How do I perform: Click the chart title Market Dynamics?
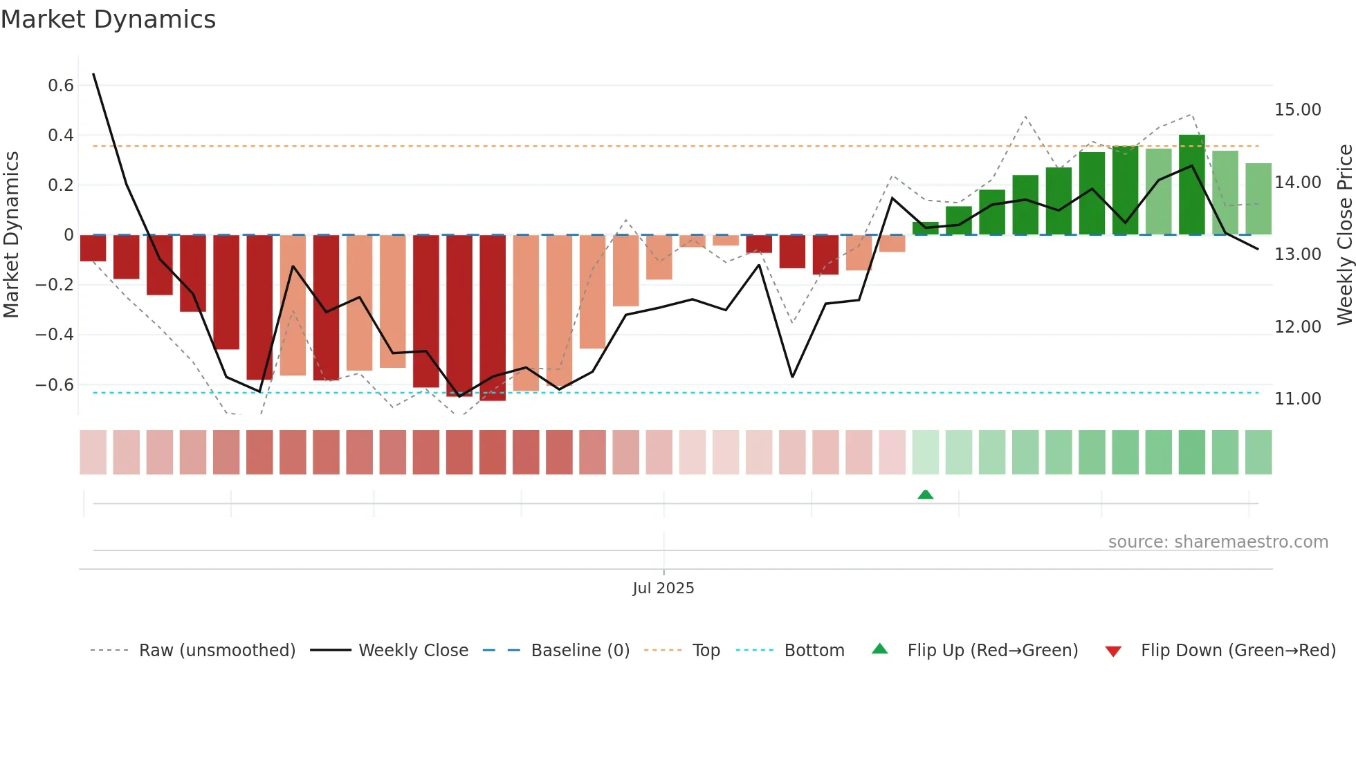coord(109,19)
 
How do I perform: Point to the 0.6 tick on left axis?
coord(61,86)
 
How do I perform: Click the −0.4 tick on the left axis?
coord(55,335)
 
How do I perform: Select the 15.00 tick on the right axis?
coord(1298,110)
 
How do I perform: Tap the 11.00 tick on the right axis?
coord(1298,399)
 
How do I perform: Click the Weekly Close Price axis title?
coord(1344,234)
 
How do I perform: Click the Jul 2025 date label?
coord(663,588)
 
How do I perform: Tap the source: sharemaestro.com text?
coord(1218,542)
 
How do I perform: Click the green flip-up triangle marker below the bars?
coord(926,494)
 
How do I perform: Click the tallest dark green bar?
coord(1192,185)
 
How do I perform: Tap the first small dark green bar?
coord(926,228)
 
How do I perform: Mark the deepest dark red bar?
coord(493,318)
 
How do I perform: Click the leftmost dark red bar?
coord(93,248)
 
